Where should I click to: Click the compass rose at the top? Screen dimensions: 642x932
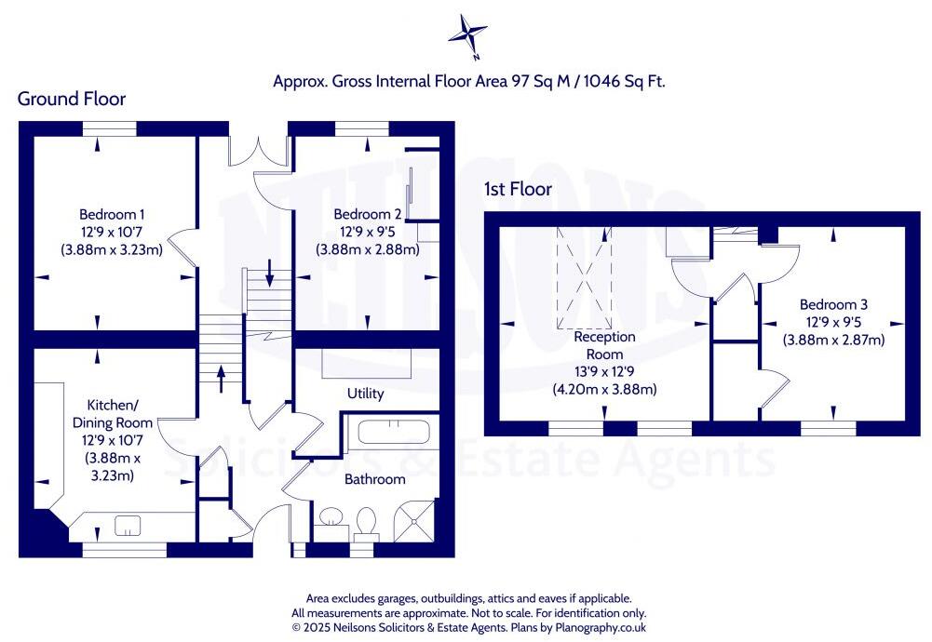pyautogui.click(x=467, y=35)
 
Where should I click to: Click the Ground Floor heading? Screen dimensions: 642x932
pyautogui.click(x=72, y=99)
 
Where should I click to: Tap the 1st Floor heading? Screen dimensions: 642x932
pyautogui.click(x=518, y=189)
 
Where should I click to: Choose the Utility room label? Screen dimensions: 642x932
pyautogui.click(x=365, y=394)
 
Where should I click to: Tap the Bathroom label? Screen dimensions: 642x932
pyautogui.click(x=375, y=479)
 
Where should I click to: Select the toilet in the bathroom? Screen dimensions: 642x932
pyautogui.click(x=366, y=521)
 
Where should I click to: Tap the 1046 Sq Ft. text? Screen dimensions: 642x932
pyautogui.click(x=626, y=82)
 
